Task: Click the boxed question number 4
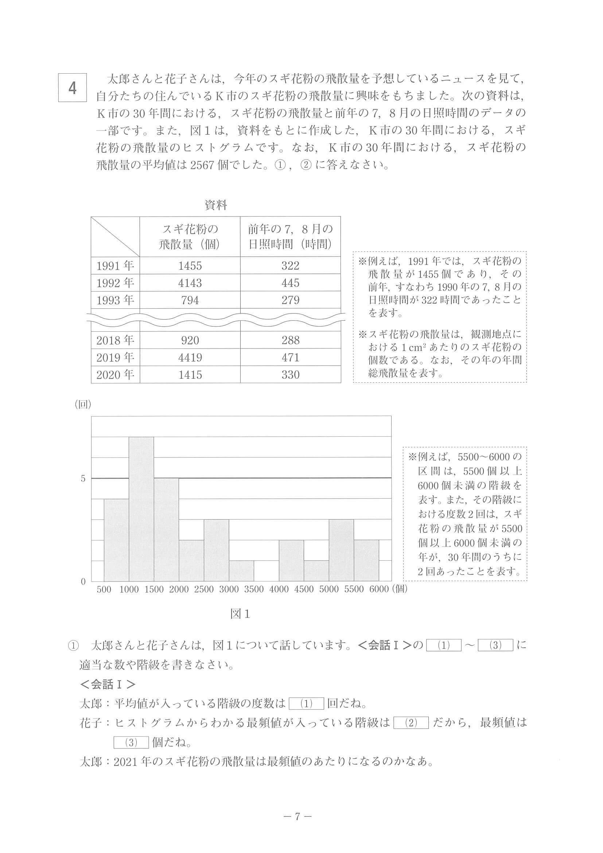click(73, 88)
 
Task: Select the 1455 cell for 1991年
click(190, 266)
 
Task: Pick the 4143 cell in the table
click(190, 283)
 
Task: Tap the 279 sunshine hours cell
click(290, 300)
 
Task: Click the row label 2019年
click(115, 357)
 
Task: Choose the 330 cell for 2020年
click(290, 374)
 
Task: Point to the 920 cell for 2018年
click(190, 340)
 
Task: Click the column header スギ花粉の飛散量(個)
click(190, 237)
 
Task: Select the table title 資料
click(215, 205)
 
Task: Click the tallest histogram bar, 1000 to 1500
click(141, 509)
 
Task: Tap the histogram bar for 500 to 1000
click(116, 540)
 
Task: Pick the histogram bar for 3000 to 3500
click(241, 571)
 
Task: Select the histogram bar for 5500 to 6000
click(366, 561)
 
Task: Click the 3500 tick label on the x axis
click(254, 589)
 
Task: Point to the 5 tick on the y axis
click(83, 479)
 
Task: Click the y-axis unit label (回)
click(83, 405)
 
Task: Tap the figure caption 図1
click(240, 614)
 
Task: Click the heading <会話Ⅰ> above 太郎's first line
click(108, 684)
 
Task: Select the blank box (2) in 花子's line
click(411, 723)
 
